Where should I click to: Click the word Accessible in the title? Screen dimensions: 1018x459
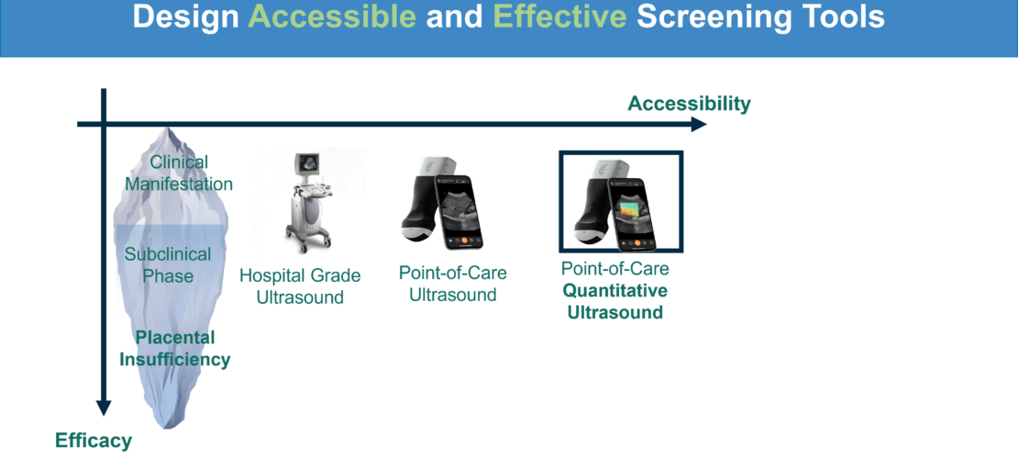332,17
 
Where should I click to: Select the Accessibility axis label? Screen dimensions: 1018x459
689,104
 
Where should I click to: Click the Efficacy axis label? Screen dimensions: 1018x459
94,441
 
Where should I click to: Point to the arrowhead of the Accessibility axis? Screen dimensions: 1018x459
699,124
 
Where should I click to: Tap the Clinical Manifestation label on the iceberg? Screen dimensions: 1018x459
179,173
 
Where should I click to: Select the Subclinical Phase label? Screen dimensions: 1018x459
168,264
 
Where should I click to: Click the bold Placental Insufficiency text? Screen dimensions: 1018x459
175,349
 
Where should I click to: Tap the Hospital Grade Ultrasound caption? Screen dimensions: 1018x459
300,286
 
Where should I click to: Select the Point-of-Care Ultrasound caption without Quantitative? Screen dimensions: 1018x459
453,283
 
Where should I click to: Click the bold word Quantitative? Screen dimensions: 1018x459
614,291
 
